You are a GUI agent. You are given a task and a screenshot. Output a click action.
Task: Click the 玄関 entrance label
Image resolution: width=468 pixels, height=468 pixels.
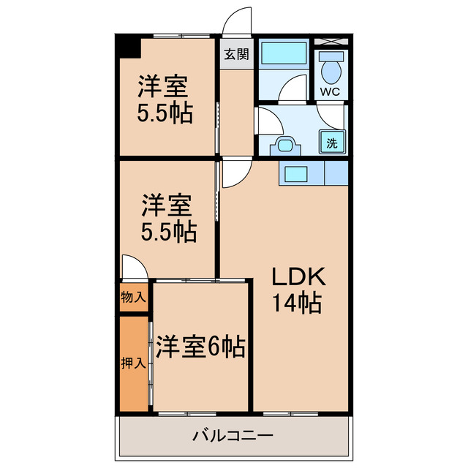point(236,53)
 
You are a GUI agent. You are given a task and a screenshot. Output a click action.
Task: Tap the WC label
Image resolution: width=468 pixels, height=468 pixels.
point(331,92)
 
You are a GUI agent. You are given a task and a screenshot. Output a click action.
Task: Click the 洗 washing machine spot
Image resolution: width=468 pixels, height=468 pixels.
point(332,143)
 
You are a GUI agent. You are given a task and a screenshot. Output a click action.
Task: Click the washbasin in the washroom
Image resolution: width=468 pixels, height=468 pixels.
point(283,145)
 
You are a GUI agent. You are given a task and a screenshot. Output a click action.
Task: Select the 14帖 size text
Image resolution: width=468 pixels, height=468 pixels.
point(297,302)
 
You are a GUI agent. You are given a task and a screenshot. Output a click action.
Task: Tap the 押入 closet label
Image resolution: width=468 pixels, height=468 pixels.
point(132,363)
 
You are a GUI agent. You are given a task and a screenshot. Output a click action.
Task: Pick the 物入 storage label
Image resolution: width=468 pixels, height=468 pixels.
point(133,298)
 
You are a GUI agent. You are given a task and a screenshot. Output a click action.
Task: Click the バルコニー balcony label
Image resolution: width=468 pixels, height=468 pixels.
point(233,437)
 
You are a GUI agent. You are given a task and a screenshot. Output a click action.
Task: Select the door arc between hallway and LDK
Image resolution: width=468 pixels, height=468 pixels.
point(234,174)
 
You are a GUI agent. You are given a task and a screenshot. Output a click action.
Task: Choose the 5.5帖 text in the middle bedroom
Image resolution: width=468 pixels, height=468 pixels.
point(168,232)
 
